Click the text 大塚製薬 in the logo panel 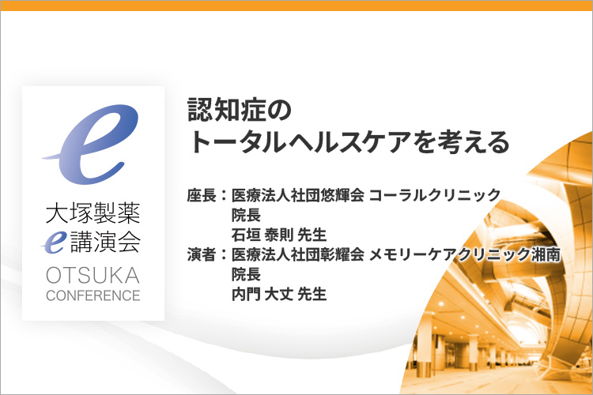(x=93, y=213)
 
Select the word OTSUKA (x=93, y=276)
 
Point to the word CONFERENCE (x=93, y=295)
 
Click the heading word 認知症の (x=240, y=110)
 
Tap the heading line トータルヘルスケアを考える (x=349, y=142)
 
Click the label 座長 (x=202, y=195)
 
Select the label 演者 (x=202, y=254)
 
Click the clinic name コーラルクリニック (x=435, y=195)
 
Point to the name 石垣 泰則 (x=263, y=235)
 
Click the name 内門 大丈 (x=263, y=294)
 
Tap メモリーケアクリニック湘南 (x=465, y=254)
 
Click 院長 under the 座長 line (x=246, y=215)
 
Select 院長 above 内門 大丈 (x=246, y=274)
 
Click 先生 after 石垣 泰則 (x=312, y=235)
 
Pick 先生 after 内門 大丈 (x=312, y=294)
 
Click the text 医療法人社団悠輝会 (x=298, y=195)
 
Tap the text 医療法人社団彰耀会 (x=298, y=254)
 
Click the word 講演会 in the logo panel (x=106, y=242)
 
